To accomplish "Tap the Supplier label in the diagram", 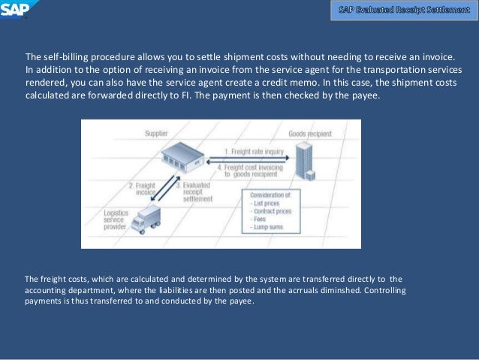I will [156, 134].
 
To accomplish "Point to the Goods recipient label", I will [310, 134].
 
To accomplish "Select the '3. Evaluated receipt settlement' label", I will [194, 192].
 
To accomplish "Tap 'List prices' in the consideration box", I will [265, 204].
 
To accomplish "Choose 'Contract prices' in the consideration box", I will [272, 212].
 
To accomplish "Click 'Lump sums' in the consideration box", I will [268, 228].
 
